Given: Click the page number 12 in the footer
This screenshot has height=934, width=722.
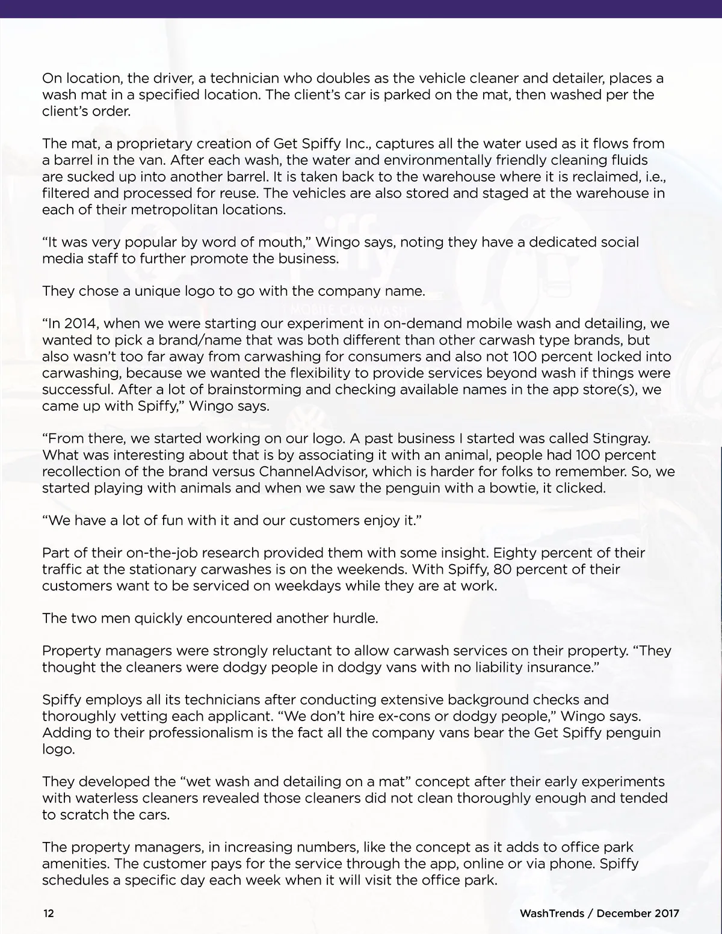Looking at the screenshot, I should (48, 913).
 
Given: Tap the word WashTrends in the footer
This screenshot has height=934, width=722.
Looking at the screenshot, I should (552, 913).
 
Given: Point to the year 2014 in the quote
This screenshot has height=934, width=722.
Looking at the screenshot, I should (81, 324).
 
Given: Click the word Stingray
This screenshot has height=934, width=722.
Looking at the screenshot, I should (626, 438).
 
